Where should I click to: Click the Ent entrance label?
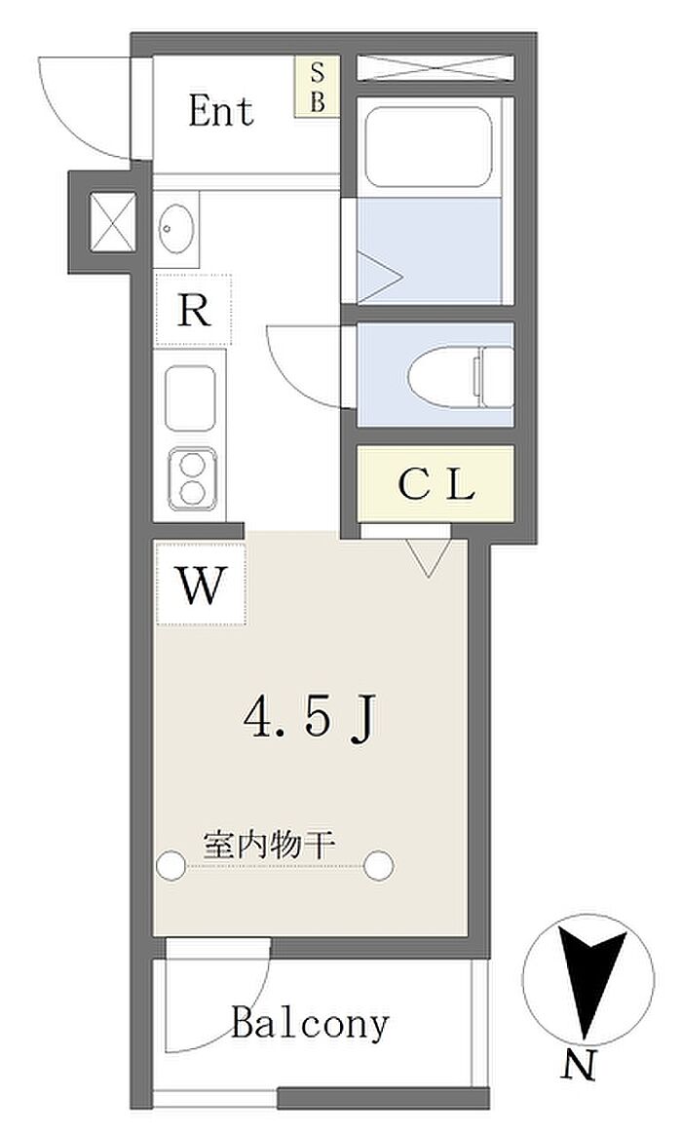[221, 111]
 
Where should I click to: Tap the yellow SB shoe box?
[318, 87]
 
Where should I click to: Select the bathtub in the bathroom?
[429, 147]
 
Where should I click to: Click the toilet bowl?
[460, 376]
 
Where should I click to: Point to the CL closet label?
[436, 485]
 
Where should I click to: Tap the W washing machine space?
[201, 585]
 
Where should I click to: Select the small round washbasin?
[176, 228]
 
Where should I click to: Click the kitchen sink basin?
[190, 398]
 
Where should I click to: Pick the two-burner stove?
[192, 478]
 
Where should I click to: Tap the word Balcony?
[311, 1024]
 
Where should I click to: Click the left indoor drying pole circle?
[171, 865]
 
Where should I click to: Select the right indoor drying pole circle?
[379, 865]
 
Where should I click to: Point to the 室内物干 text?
[269, 845]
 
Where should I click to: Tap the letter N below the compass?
[580, 1065]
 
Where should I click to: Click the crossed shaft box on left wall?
[112, 221]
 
